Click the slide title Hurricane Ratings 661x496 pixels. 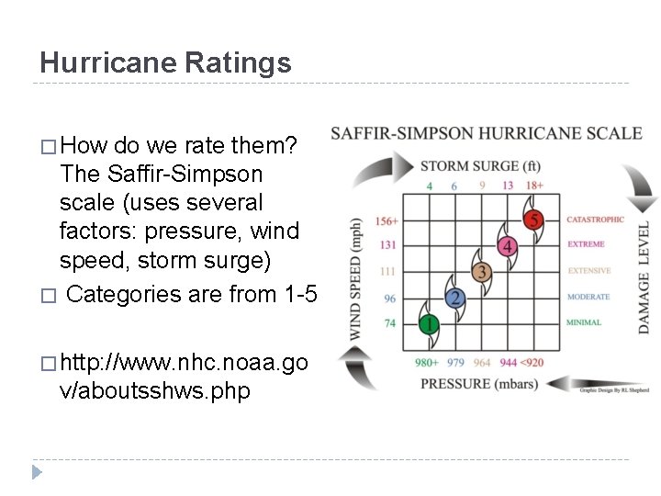[x=165, y=62]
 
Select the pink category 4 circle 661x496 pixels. [x=507, y=246]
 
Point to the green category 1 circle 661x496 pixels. [x=429, y=323]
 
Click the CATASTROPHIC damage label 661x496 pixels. [x=595, y=220]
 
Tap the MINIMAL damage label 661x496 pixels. [x=584, y=322]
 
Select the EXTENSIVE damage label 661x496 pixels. [x=588, y=271]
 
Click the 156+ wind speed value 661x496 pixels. [x=386, y=220]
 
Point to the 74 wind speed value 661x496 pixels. [x=389, y=323]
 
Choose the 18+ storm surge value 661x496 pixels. [x=535, y=186]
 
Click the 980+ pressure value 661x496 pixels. [x=427, y=362]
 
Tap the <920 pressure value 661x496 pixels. [x=533, y=362]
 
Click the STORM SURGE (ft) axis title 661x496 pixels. [x=480, y=166]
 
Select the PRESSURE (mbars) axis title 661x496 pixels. [x=479, y=383]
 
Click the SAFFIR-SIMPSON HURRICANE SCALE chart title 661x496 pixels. [x=487, y=133]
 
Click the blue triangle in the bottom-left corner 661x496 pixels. [x=37, y=473]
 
